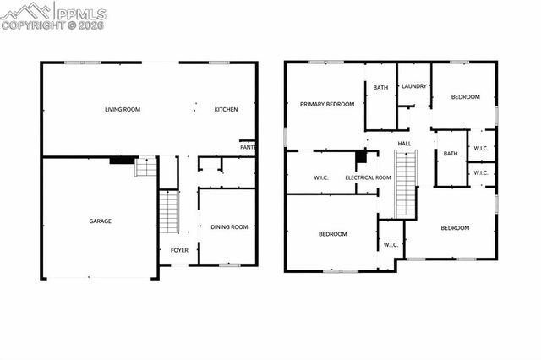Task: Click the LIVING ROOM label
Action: coord(122,109)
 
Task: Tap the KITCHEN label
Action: coord(226,109)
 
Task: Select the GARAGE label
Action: coord(101,221)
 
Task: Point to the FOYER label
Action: coord(180,250)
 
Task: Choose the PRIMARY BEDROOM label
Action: coord(326,104)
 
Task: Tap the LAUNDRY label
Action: coord(413,86)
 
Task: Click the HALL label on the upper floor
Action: coord(404,143)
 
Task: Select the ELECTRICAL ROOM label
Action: coord(368,177)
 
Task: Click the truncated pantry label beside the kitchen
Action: coord(248,147)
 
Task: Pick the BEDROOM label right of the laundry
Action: coord(465,97)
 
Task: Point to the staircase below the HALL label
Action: coord(407,183)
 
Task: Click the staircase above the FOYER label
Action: coord(169,212)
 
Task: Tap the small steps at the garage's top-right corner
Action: coord(146,166)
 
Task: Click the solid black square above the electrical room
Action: coord(361,156)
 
